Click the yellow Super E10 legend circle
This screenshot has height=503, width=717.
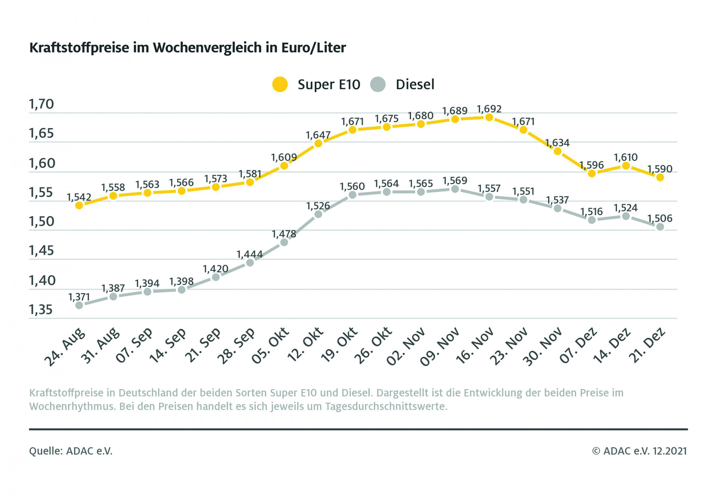[x=280, y=84]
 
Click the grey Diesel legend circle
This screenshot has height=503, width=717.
[x=378, y=84]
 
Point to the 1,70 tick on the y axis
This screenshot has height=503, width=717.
[x=41, y=104]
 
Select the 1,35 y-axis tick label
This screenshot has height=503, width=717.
[x=41, y=310]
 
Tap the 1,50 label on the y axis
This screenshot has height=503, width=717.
[x=41, y=222]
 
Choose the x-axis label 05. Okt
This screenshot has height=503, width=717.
[x=270, y=346]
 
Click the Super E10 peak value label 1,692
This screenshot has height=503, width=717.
[x=489, y=109]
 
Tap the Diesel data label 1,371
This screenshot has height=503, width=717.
[x=79, y=297]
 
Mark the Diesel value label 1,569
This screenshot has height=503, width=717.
[x=455, y=181]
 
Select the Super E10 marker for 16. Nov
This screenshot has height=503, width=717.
[x=489, y=118]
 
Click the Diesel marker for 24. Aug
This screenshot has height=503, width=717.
[x=79, y=305]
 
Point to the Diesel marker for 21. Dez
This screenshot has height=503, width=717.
[x=660, y=227]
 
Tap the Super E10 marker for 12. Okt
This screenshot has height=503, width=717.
[x=318, y=143]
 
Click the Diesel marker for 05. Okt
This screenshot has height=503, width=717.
[x=284, y=242]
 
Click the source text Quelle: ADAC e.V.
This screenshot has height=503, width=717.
[x=71, y=451]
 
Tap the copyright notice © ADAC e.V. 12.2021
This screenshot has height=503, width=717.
[x=639, y=451]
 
